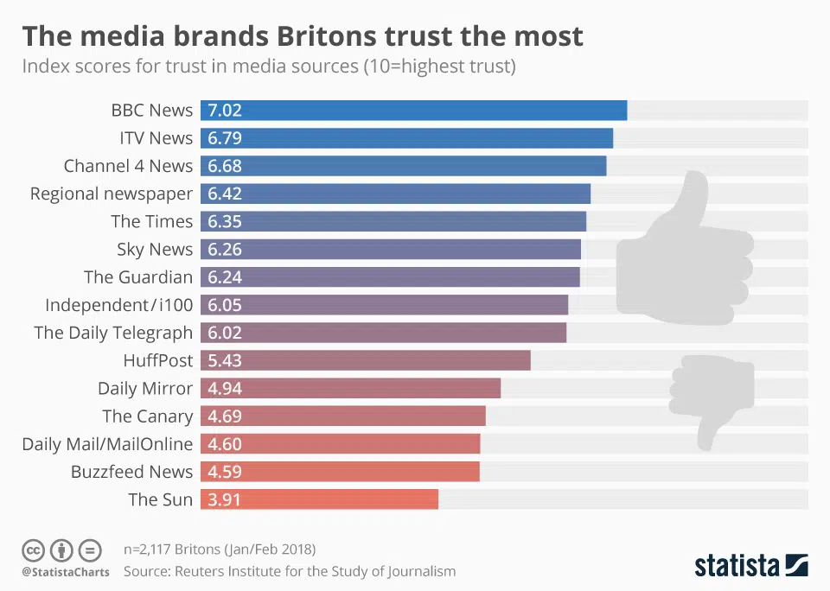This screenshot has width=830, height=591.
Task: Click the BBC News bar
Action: pos(413,111)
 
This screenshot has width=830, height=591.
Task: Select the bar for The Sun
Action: pos(319,499)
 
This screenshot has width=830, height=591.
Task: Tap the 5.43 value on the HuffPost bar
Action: pos(224,360)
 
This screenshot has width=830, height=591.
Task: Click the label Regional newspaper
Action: pos(111,194)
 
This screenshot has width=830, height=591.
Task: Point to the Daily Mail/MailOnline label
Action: pos(107,444)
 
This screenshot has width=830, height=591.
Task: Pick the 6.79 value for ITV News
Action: pos(224,138)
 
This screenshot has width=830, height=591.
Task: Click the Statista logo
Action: pos(750,566)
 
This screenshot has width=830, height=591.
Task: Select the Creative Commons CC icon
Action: pos(33,550)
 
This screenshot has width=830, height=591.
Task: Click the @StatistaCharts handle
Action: pos(66,572)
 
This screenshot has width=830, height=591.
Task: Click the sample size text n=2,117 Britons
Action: pos(220,550)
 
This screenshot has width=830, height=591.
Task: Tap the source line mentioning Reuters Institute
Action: pos(290,571)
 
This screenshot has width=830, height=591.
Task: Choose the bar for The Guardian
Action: pos(390,277)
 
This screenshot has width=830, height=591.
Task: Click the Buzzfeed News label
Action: pos(131,472)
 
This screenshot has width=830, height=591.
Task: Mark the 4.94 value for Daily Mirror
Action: pos(224,388)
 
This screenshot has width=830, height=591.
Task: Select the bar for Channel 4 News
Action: pos(403,166)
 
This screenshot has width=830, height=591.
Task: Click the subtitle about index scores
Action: pos(268,67)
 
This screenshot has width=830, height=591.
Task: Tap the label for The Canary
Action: pos(147,416)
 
